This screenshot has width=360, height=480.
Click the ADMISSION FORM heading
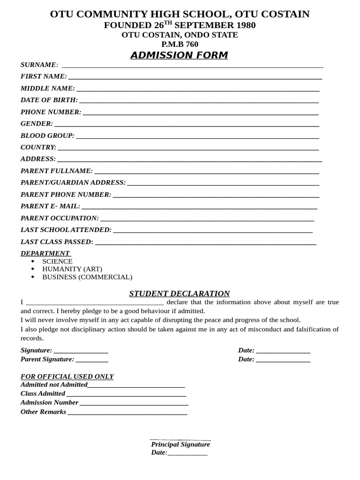coord(179,55)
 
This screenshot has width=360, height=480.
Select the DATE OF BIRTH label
coord(49,100)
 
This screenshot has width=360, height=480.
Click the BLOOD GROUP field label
coord(47,135)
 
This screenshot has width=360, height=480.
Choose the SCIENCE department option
coord(57,261)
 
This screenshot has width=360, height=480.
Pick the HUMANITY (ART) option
coord(72,269)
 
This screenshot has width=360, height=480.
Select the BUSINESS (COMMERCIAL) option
coord(87,277)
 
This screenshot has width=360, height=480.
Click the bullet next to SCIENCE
coord(32,261)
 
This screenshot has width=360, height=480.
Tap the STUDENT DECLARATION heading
coord(180,294)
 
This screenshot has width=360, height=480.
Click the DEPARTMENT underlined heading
coord(45,254)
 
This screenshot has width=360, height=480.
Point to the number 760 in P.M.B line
coord(192,45)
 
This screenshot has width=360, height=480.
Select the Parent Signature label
coord(47,359)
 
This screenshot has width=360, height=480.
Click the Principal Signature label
coord(180,444)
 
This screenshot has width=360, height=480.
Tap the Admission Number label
coord(49,402)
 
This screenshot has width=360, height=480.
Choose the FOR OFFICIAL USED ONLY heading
coord(67,376)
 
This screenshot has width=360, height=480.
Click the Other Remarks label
coord(43,412)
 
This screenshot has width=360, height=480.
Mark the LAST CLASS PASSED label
coord(57,242)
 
